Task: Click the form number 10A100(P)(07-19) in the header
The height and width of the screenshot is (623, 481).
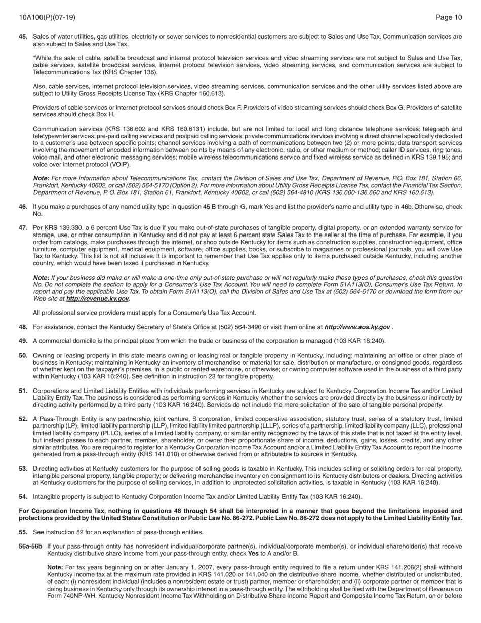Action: (47, 17)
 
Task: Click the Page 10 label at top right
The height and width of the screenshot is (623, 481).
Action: (449, 17)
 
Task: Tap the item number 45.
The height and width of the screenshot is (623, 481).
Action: (23, 37)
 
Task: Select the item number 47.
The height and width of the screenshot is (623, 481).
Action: (23, 228)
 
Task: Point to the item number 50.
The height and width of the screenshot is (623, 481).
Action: (23, 356)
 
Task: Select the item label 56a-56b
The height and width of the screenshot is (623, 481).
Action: (30, 547)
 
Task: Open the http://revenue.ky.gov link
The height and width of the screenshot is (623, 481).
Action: (98, 299)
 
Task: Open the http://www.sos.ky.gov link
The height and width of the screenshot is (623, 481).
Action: (357, 327)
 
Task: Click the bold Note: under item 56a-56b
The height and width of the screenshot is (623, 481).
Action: (55, 567)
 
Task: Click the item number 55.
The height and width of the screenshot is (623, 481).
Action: (23, 532)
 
